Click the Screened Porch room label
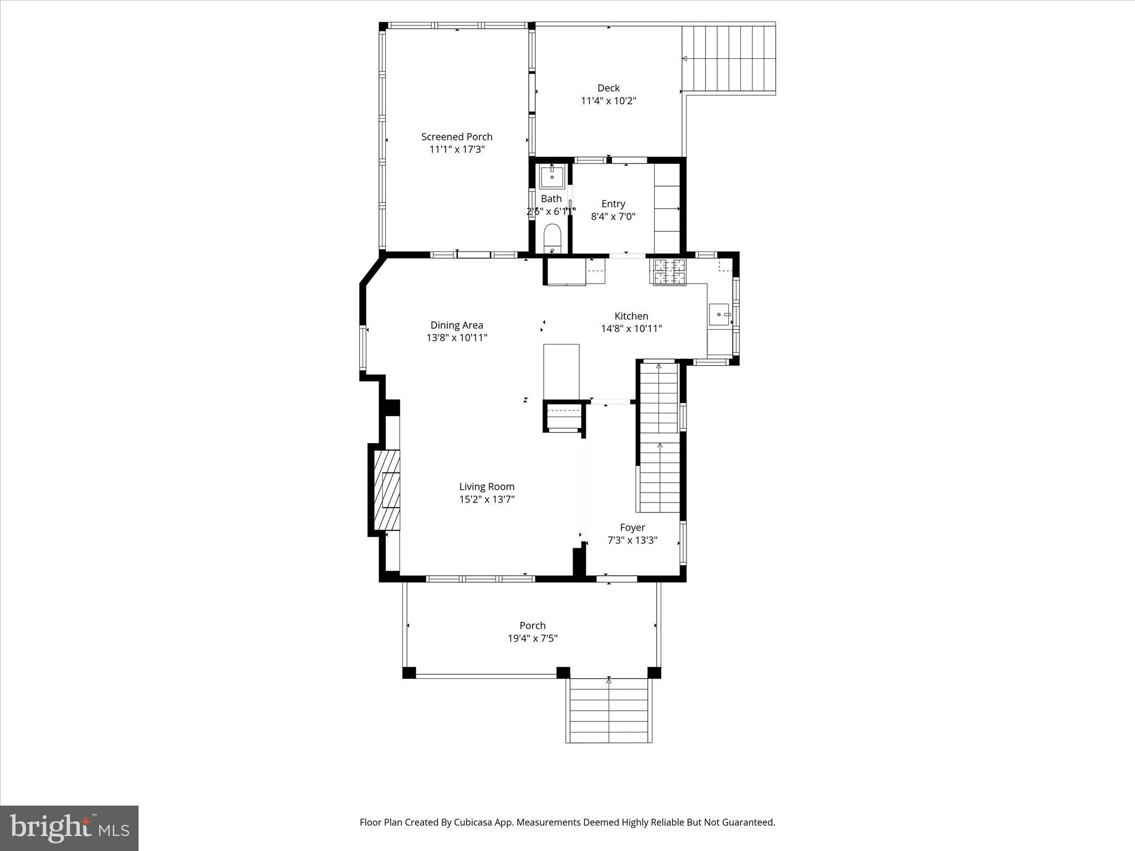tap(457, 137)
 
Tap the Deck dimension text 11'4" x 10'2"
tap(608, 101)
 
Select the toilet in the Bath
tap(553, 238)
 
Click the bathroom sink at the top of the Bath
tap(552, 177)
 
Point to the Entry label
tap(613, 204)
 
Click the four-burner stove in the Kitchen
tap(669, 272)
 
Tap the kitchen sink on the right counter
tap(720, 315)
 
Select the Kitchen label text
tap(631, 316)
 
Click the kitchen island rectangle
tap(561, 371)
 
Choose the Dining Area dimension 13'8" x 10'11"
tap(457, 337)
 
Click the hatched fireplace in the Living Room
tap(387, 490)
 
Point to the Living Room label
tap(487, 486)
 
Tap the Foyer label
tap(632, 527)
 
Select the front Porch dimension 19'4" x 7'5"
tap(532, 638)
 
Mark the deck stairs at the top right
tap(728, 59)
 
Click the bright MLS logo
tap(69, 828)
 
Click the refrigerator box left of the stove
tap(566, 272)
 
